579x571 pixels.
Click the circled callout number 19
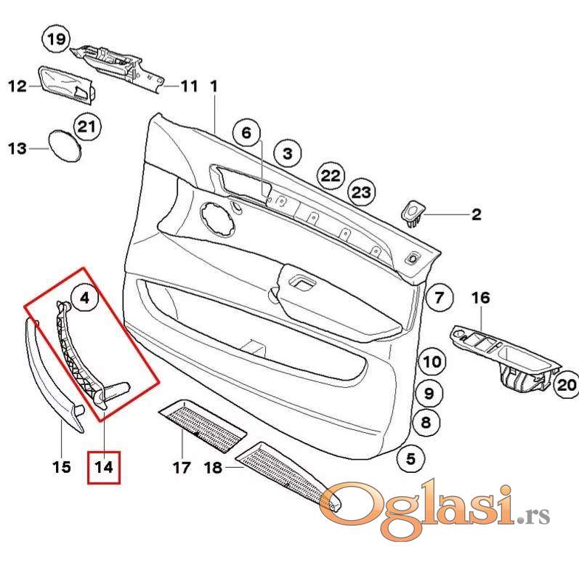[x=57, y=39]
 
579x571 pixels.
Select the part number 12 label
[x=17, y=86]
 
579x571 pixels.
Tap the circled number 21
[x=86, y=128]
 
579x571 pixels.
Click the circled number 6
[x=246, y=133]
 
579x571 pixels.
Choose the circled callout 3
[x=287, y=153]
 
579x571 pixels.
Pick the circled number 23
[x=361, y=193]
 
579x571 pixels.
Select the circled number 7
[x=439, y=296]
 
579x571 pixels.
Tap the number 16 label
[x=481, y=297]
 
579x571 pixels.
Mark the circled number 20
[x=567, y=386]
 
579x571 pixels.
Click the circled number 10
[x=432, y=361]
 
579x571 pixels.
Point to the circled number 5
[x=410, y=459]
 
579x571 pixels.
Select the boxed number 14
[x=104, y=466]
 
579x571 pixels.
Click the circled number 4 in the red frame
[x=84, y=297]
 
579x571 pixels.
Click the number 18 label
[x=213, y=468]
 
